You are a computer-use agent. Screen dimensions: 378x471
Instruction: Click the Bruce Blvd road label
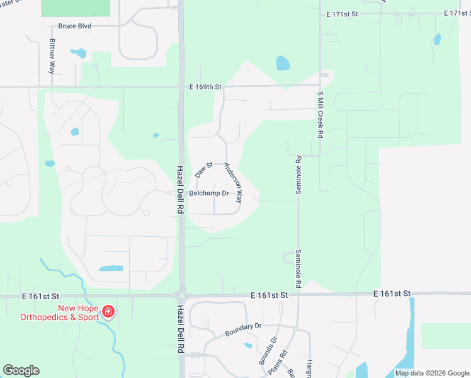click(75, 26)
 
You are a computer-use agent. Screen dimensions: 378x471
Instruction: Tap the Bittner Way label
click(52, 57)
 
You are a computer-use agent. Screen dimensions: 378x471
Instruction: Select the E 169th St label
click(206, 86)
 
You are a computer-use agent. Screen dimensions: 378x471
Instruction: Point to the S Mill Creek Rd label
click(321, 115)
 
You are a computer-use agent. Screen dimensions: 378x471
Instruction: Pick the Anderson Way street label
click(231, 183)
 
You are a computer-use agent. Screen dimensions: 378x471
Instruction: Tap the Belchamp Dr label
click(208, 193)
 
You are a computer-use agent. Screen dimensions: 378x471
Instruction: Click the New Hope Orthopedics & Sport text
click(79, 312)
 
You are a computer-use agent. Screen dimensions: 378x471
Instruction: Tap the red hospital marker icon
click(108, 311)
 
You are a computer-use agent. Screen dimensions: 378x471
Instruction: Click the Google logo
click(21, 370)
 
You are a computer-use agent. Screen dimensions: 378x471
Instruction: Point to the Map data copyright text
click(432, 373)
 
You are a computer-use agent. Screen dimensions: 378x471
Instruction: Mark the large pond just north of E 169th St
click(283, 63)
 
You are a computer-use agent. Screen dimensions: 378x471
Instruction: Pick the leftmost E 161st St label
click(42, 295)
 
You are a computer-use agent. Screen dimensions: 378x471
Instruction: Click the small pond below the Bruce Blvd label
click(78, 53)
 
